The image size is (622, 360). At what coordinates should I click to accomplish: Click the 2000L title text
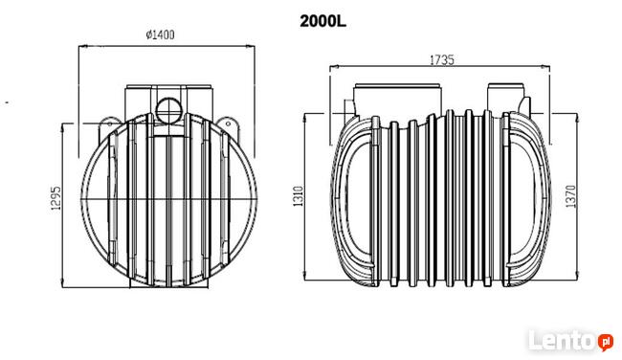322,21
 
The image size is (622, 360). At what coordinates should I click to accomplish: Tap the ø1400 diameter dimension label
160,34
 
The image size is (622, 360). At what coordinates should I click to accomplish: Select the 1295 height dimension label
56,197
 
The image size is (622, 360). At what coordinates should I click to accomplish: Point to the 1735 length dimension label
442,60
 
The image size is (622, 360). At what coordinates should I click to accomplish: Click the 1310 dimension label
298,196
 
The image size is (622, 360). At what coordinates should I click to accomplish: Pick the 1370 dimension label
570,196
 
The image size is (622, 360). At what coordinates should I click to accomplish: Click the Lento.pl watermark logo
570,341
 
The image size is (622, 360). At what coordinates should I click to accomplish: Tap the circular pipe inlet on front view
168,110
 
